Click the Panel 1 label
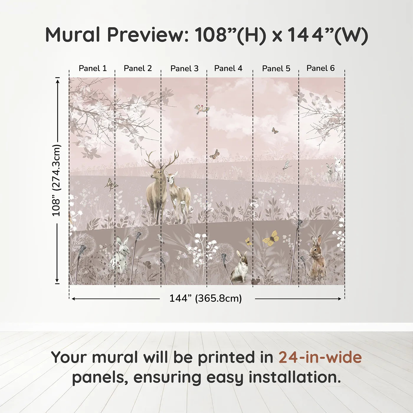pos(93,68)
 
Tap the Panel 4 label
pos(228,68)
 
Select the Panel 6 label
pos(320,68)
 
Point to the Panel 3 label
pos(184,68)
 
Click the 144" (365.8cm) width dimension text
pos(205,298)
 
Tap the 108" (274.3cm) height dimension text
pos(56,180)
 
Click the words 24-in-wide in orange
pos(320,357)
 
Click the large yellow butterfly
pos(271,238)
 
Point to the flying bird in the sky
pos(202,109)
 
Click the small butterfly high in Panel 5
pos(275,130)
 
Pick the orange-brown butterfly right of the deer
pos(215,154)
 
